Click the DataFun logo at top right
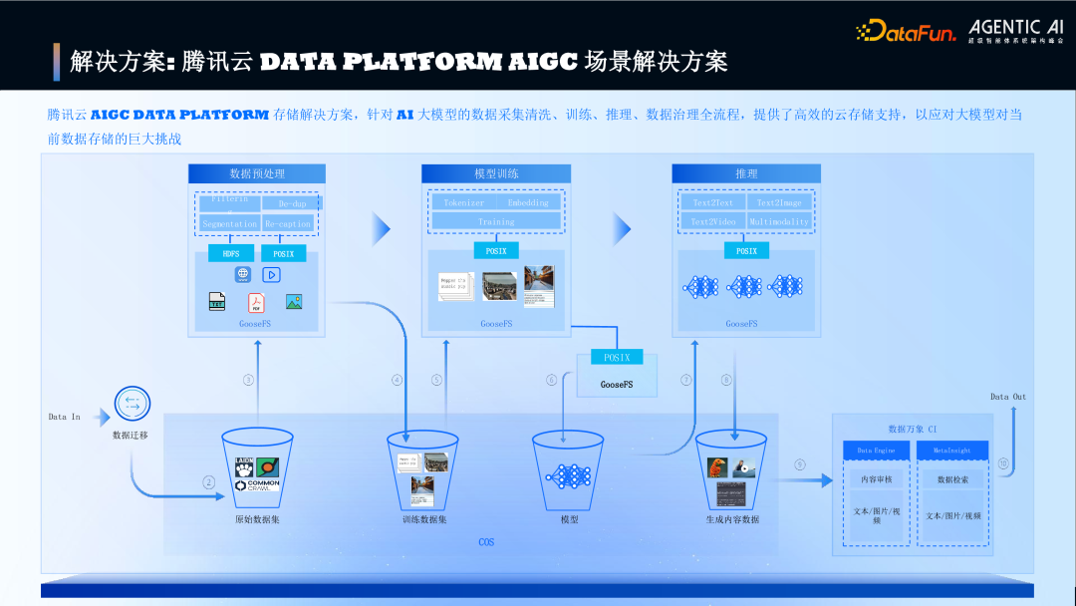[x=905, y=31]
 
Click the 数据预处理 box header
[x=257, y=173]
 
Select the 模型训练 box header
[x=496, y=173]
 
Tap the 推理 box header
[x=746, y=173]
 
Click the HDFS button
[x=231, y=253]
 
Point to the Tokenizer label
[x=464, y=202]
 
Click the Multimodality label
[x=779, y=222]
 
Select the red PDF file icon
[x=256, y=302]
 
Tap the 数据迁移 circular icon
[x=131, y=405]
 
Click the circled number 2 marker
[x=209, y=482]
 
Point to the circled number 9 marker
[x=800, y=464]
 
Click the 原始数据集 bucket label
[x=257, y=519]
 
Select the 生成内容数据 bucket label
[x=732, y=519]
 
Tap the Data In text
[x=64, y=417]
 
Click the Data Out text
[x=1007, y=397]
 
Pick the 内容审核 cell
[x=877, y=479]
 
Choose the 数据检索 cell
[x=952, y=479]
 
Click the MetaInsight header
[x=952, y=451]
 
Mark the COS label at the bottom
[x=486, y=542]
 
